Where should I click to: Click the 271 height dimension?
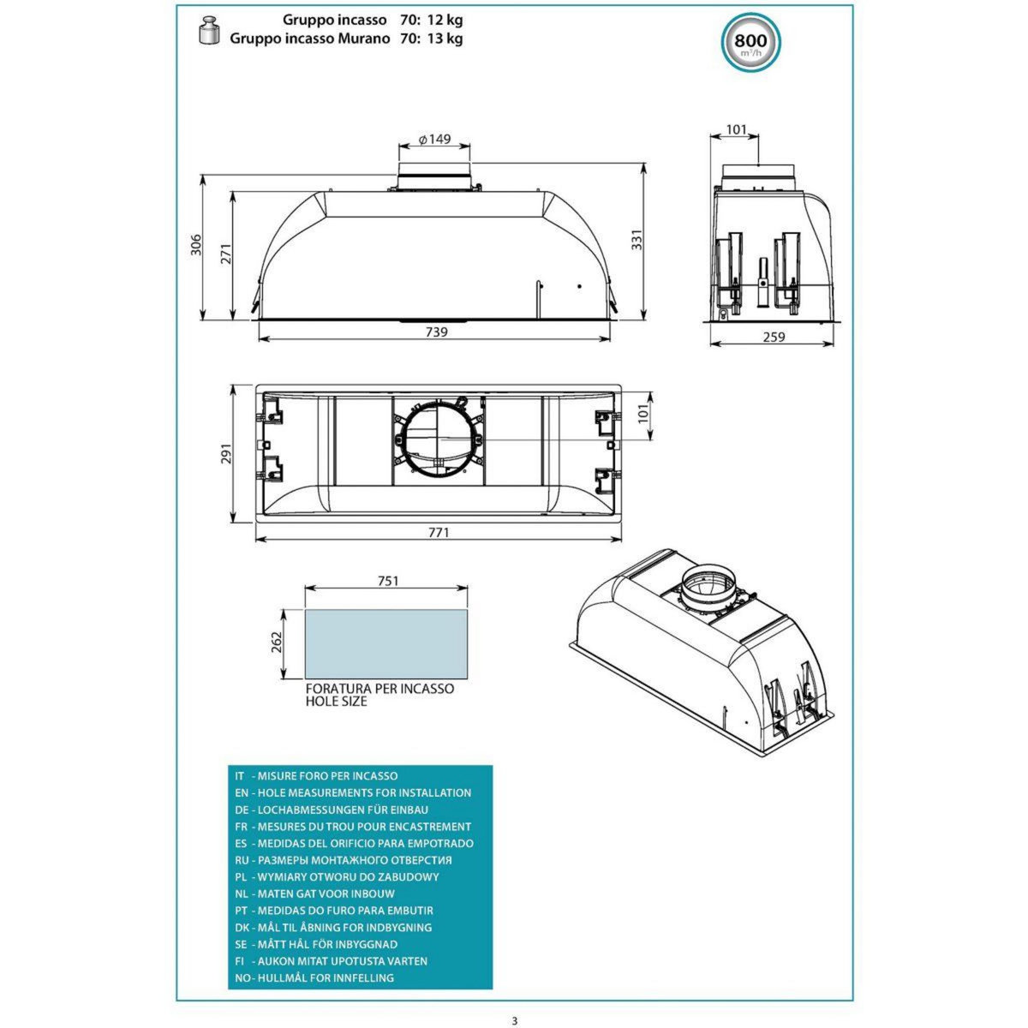[225, 254]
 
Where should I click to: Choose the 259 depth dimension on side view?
[773, 338]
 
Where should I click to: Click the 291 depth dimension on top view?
[226, 453]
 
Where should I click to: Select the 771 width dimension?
[438, 532]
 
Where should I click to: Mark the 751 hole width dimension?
[387, 581]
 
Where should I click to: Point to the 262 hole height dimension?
[277, 642]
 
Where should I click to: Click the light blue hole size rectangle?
[386, 643]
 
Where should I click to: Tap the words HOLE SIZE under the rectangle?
[336, 701]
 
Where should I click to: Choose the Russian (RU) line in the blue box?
[343, 859]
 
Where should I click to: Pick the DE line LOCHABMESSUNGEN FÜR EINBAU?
[332, 810]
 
